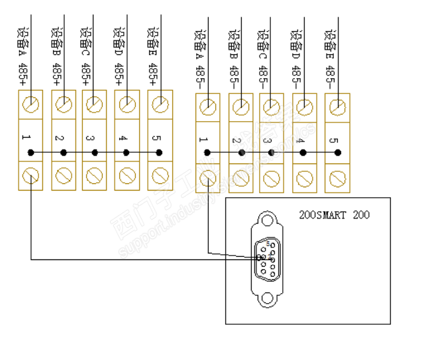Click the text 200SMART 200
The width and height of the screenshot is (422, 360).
point(335,215)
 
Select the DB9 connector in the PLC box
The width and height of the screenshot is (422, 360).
point(268,259)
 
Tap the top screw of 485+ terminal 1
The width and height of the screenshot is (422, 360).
point(30,104)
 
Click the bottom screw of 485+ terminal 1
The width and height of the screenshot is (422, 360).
point(30,176)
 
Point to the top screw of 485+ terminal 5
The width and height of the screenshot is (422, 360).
point(158,104)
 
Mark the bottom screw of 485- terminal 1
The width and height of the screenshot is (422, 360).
point(207,178)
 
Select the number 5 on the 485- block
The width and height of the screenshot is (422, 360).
point(333,141)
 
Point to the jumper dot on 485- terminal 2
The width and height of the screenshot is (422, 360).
point(241,153)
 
